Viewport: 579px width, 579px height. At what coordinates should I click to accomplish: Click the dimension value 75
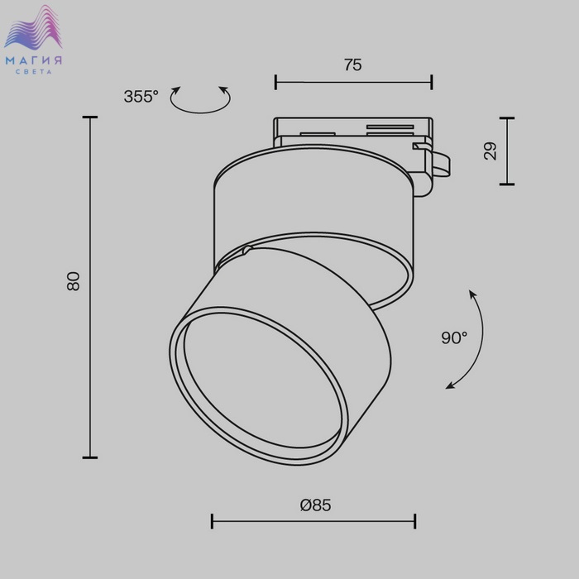(x=353, y=65)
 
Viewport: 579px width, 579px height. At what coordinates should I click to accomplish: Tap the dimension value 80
(x=74, y=281)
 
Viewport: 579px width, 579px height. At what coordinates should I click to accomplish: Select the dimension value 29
(x=490, y=151)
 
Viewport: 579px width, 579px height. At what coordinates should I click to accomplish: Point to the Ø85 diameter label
(x=316, y=505)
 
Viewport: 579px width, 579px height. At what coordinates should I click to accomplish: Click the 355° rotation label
(x=141, y=97)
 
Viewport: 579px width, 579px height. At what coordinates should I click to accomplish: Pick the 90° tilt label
(x=454, y=337)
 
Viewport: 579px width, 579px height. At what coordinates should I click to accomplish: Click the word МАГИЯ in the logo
(x=34, y=60)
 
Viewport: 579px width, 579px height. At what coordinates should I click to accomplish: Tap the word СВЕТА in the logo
(x=34, y=72)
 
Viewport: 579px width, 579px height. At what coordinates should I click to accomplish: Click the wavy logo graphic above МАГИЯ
(x=33, y=27)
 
